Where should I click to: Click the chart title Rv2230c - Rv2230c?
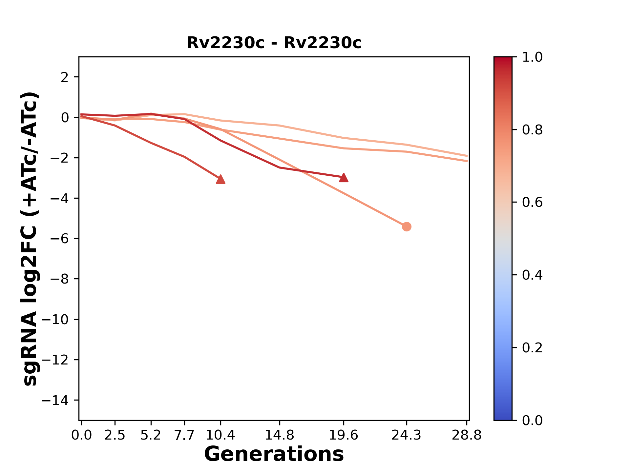[x=274, y=43]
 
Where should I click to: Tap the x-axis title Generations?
[x=274, y=454]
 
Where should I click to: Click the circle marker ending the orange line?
[x=407, y=226]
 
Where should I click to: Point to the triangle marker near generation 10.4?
[x=220, y=179]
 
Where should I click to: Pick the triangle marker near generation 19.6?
[x=344, y=178]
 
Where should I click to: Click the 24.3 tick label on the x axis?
[x=407, y=435]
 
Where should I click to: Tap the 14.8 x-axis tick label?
[x=279, y=435]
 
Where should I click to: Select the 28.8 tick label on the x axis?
[x=467, y=435]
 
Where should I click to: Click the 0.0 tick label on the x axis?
[x=81, y=435]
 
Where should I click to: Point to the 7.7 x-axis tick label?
[x=184, y=435]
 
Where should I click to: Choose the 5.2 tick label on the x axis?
[x=151, y=435]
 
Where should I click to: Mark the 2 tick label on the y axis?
[x=65, y=77]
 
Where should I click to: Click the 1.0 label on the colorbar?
[x=532, y=57]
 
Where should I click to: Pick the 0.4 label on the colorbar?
[x=532, y=275]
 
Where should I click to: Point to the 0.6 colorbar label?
[x=532, y=203]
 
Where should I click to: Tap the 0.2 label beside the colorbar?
[x=532, y=348]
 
